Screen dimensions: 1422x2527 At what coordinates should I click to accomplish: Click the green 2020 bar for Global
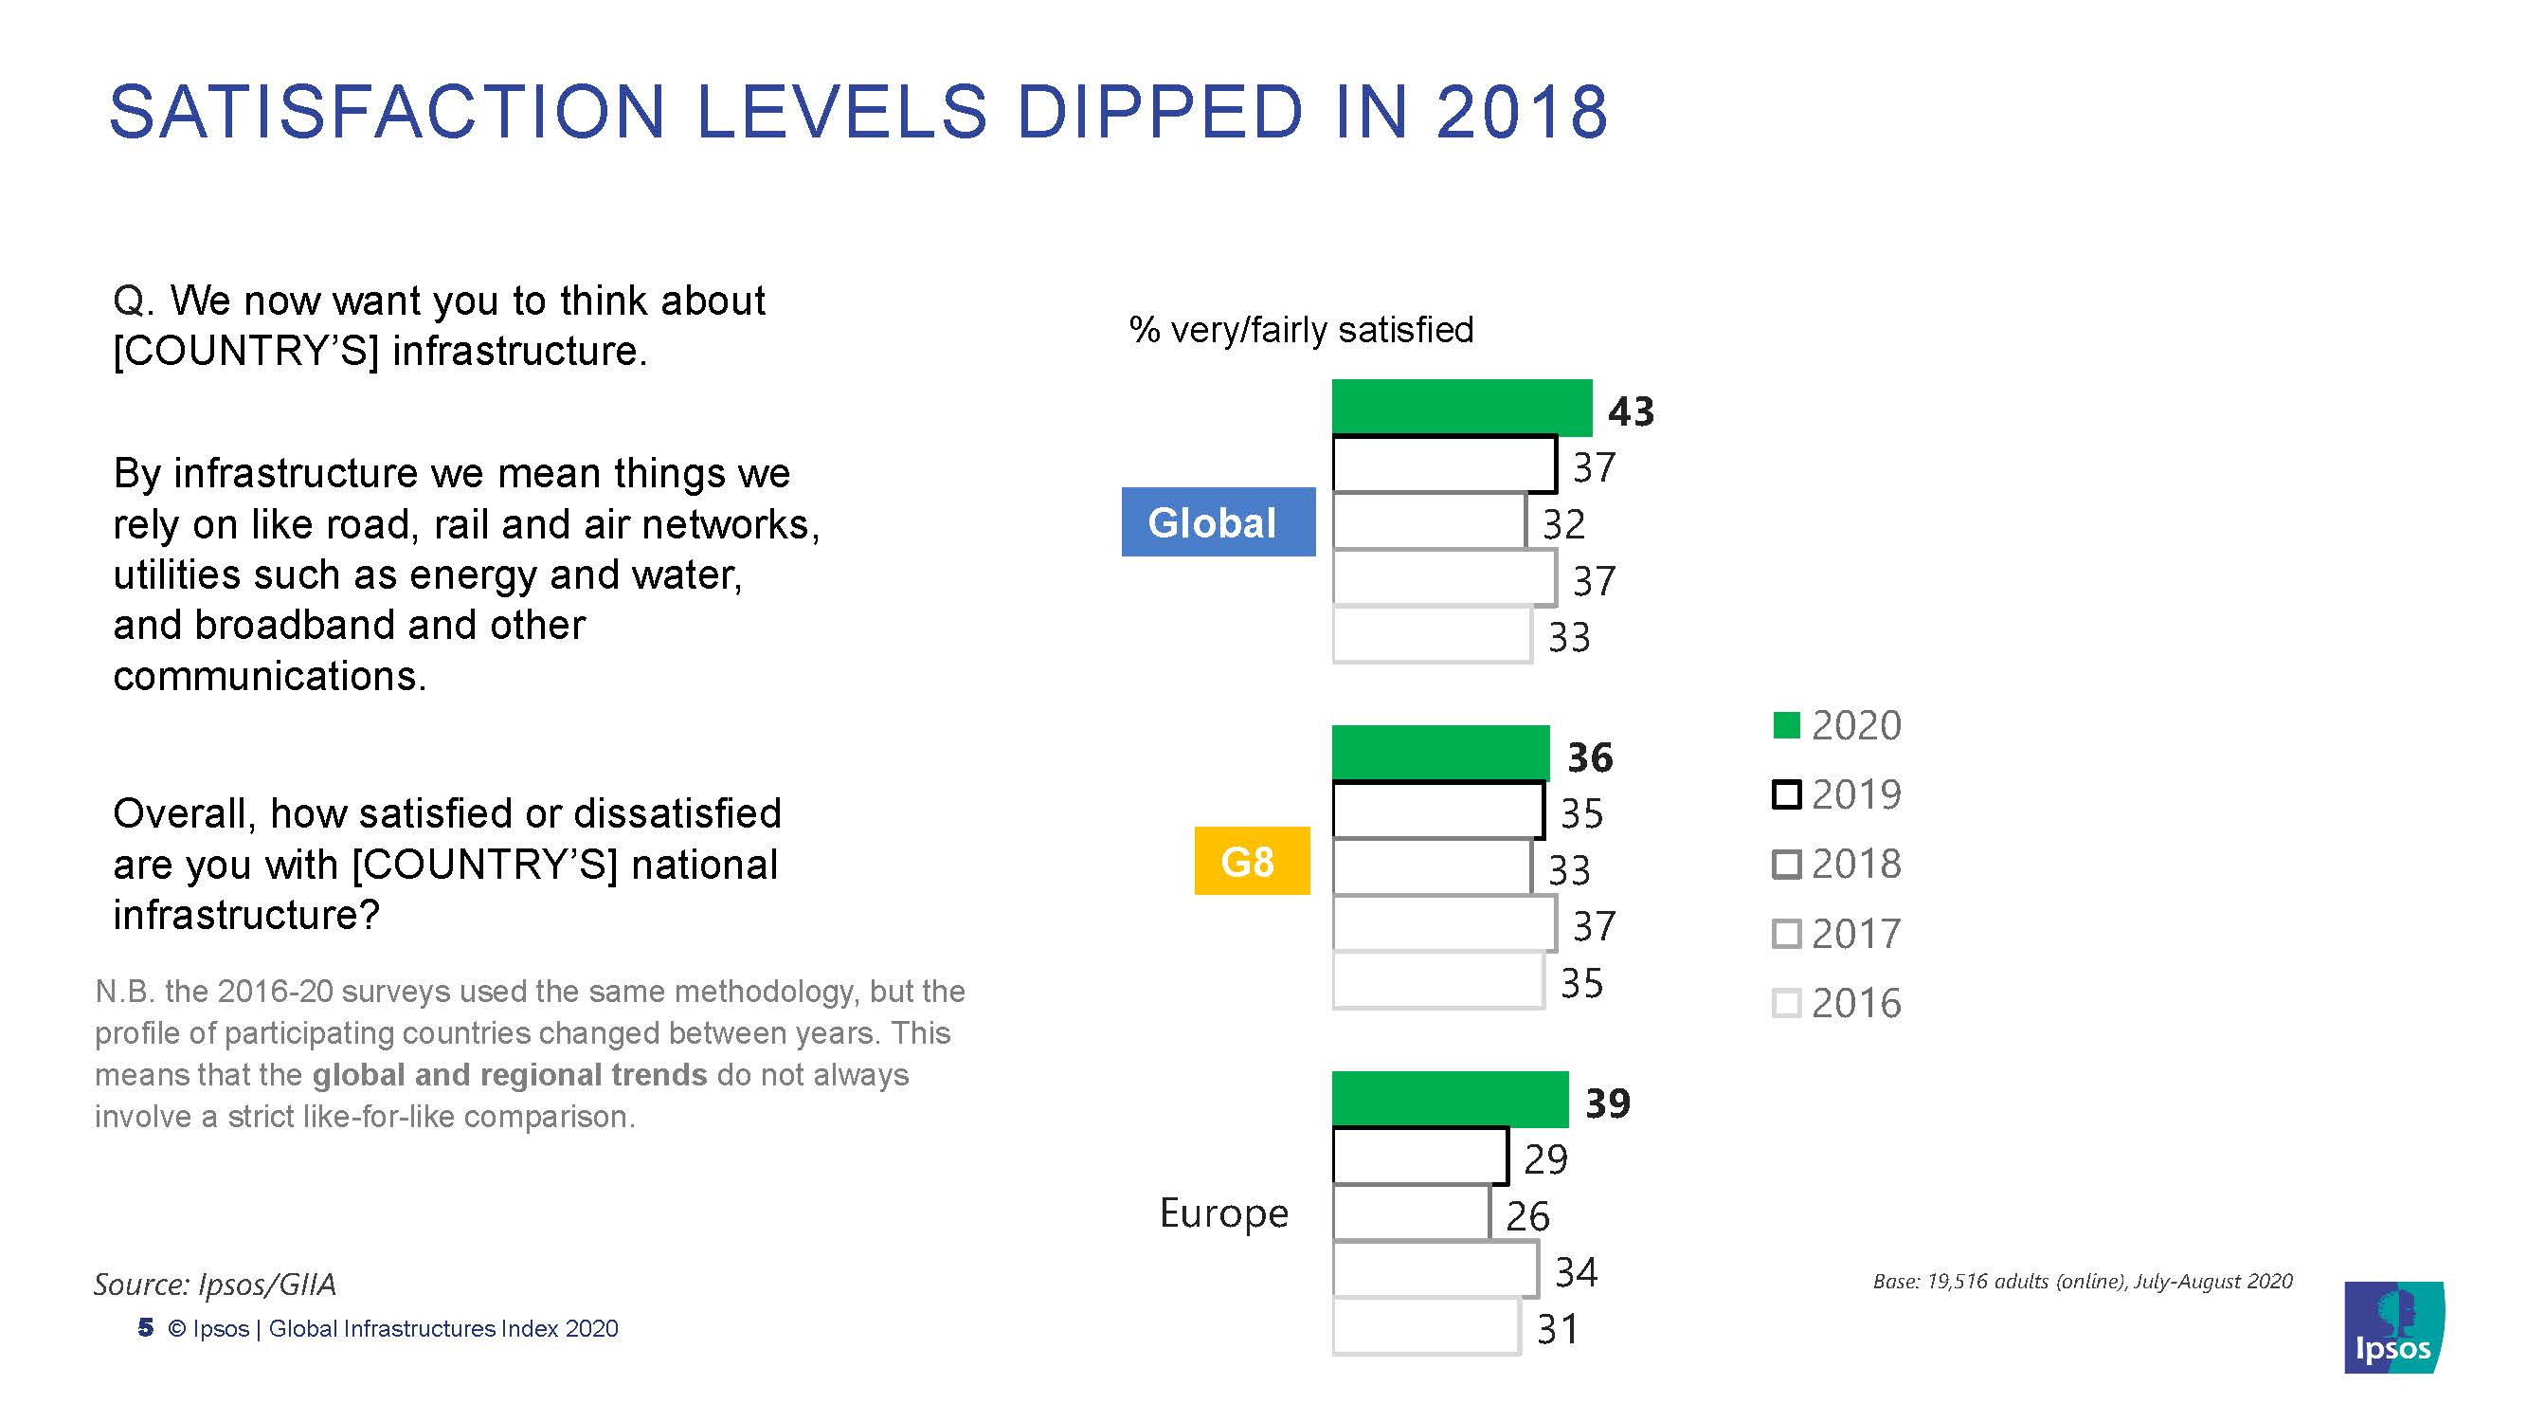pyautogui.click(x=1461, y=407)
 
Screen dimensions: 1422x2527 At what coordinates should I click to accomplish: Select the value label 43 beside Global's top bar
pyautogui.click(x=1631, y=411)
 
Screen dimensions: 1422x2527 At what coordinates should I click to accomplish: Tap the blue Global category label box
pyautogui.click(x=1218, y=522)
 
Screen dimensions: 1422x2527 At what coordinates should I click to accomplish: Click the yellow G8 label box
pyautogui.click(x=1251, y=861)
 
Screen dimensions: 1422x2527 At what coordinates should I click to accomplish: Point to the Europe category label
pyautogui.click(x=1223, y=1213)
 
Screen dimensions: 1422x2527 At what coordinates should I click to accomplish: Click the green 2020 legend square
pyautogui.click(x=1786, y=725)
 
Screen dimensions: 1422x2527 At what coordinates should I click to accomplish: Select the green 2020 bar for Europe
pyautogui.click(x=1449, y=1099)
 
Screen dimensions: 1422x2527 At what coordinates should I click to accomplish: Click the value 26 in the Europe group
pyautogui.click(x=1527, y=1216)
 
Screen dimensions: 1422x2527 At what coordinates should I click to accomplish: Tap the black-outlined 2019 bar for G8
pyautogui.click(x=1437, y=810)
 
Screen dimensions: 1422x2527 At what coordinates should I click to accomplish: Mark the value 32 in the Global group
pyautogui.click(x=1562, y=524)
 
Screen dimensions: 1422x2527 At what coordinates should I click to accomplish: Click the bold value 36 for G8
pyautogui.click(x=1589, y=757)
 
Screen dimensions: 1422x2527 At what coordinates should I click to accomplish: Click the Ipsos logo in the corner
pyautogui.click(x=2393, y=1327)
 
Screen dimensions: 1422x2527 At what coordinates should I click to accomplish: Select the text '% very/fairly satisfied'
pyautogui.click(x=1301, y=330)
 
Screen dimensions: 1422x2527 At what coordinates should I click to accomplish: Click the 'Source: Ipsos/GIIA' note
pyautogui.click(x=215, y=1284)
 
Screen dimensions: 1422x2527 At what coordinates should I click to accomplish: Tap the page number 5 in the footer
pyautogui.click(x=146, y=1328)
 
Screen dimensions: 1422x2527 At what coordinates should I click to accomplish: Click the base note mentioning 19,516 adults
pyautogui.click(x=2082, y=1281)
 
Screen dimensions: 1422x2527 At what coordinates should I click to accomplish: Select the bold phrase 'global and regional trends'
pyautogui.click(x=509, y=1075)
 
